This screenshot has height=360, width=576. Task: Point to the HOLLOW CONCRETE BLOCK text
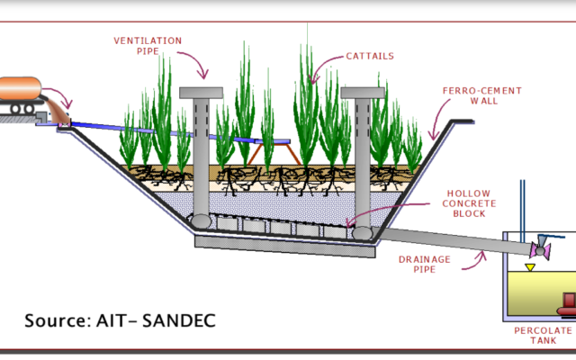pos(470,202)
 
